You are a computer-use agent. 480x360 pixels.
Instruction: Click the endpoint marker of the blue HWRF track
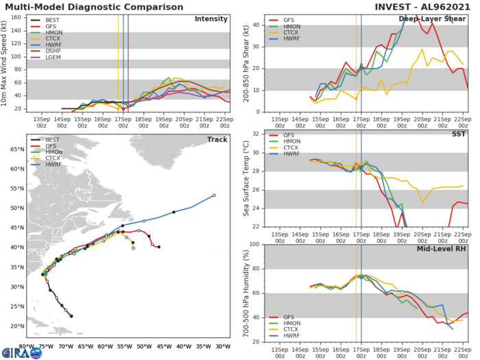(214, 195)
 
